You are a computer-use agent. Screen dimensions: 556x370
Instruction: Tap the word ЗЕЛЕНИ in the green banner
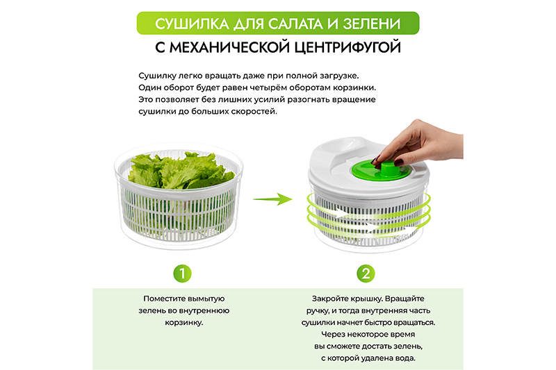coord(372,24)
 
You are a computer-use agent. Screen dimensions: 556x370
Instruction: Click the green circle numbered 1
coord(182,274)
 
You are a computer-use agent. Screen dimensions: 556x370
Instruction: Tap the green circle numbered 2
coord(366,274)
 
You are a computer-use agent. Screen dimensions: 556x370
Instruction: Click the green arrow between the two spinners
coord(272,199)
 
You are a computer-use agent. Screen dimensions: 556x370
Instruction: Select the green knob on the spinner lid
coord(381,170)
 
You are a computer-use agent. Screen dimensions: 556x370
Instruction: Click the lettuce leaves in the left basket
coord(181,170)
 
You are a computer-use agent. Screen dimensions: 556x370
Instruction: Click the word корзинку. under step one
coord(184,323)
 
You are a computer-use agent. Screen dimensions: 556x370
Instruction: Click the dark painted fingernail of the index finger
coord(375,160)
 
